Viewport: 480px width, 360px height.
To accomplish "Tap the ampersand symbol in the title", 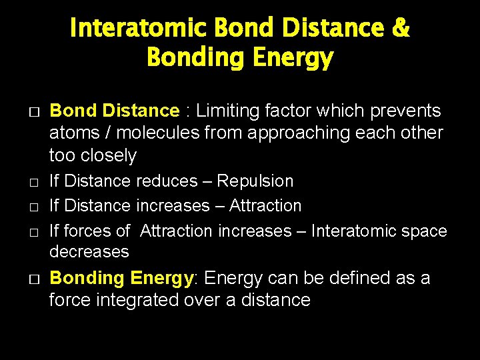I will [401, 29].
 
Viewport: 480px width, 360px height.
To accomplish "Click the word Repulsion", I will [255, 181].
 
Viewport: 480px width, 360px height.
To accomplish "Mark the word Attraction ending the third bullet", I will [265, 205].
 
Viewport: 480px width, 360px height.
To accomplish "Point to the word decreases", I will [89, 251].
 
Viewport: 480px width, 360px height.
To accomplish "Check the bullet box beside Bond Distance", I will [35, 111].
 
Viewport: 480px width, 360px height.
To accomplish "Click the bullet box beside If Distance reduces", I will [35, 181].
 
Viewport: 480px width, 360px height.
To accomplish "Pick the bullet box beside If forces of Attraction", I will [35, 231].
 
